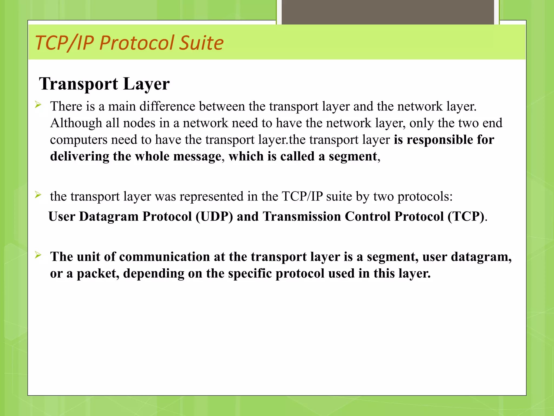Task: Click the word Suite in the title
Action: [x=202, y=43]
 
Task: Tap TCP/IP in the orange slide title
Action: [x=64, y=43]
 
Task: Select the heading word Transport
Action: [x=78, y=84]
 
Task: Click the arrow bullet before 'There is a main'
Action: [x=38, y=105]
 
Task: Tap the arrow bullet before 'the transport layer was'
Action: [x=38, y=195]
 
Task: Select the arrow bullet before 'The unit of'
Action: [x=38, y=255]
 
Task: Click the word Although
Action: [x=76, y=123]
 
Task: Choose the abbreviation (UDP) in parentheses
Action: [x=214, y=216]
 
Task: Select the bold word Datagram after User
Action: [x=109, y=216]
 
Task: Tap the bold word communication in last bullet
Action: [x=164, y=257]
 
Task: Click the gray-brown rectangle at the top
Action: [x=388, y=12]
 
